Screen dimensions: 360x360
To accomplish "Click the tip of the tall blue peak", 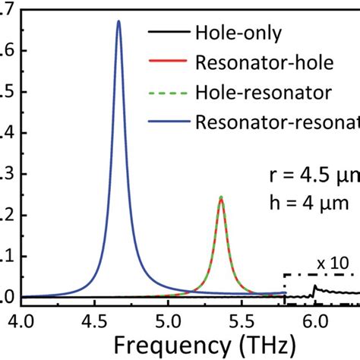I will (118, 21).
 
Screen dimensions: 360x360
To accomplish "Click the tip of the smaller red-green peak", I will (221, 197).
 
